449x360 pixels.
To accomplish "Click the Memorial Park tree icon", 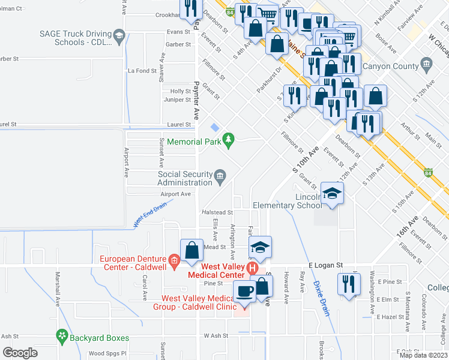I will tap(228, 140).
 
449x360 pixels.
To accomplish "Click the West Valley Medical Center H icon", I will tap(253, 266).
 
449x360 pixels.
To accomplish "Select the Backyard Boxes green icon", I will tap(61, 335).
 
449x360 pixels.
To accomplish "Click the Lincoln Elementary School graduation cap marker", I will tap(331, 194).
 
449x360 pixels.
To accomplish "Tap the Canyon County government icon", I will tap(427, 63).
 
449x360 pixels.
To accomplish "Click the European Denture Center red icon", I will tap(175, 260).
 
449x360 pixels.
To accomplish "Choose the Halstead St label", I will tap(217, 212).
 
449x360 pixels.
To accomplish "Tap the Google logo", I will tap(20, 353).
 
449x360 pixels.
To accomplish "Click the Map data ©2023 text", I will tap(423, 355).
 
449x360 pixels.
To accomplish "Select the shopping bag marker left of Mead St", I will tap(191, 251).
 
